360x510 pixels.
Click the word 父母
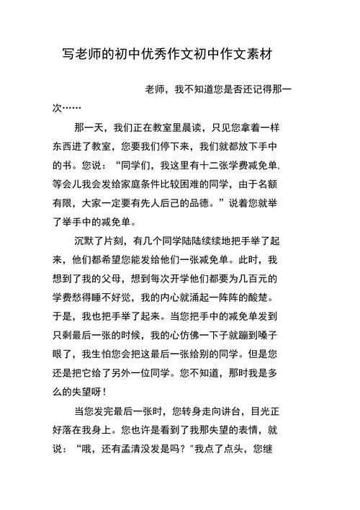[151, 278]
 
